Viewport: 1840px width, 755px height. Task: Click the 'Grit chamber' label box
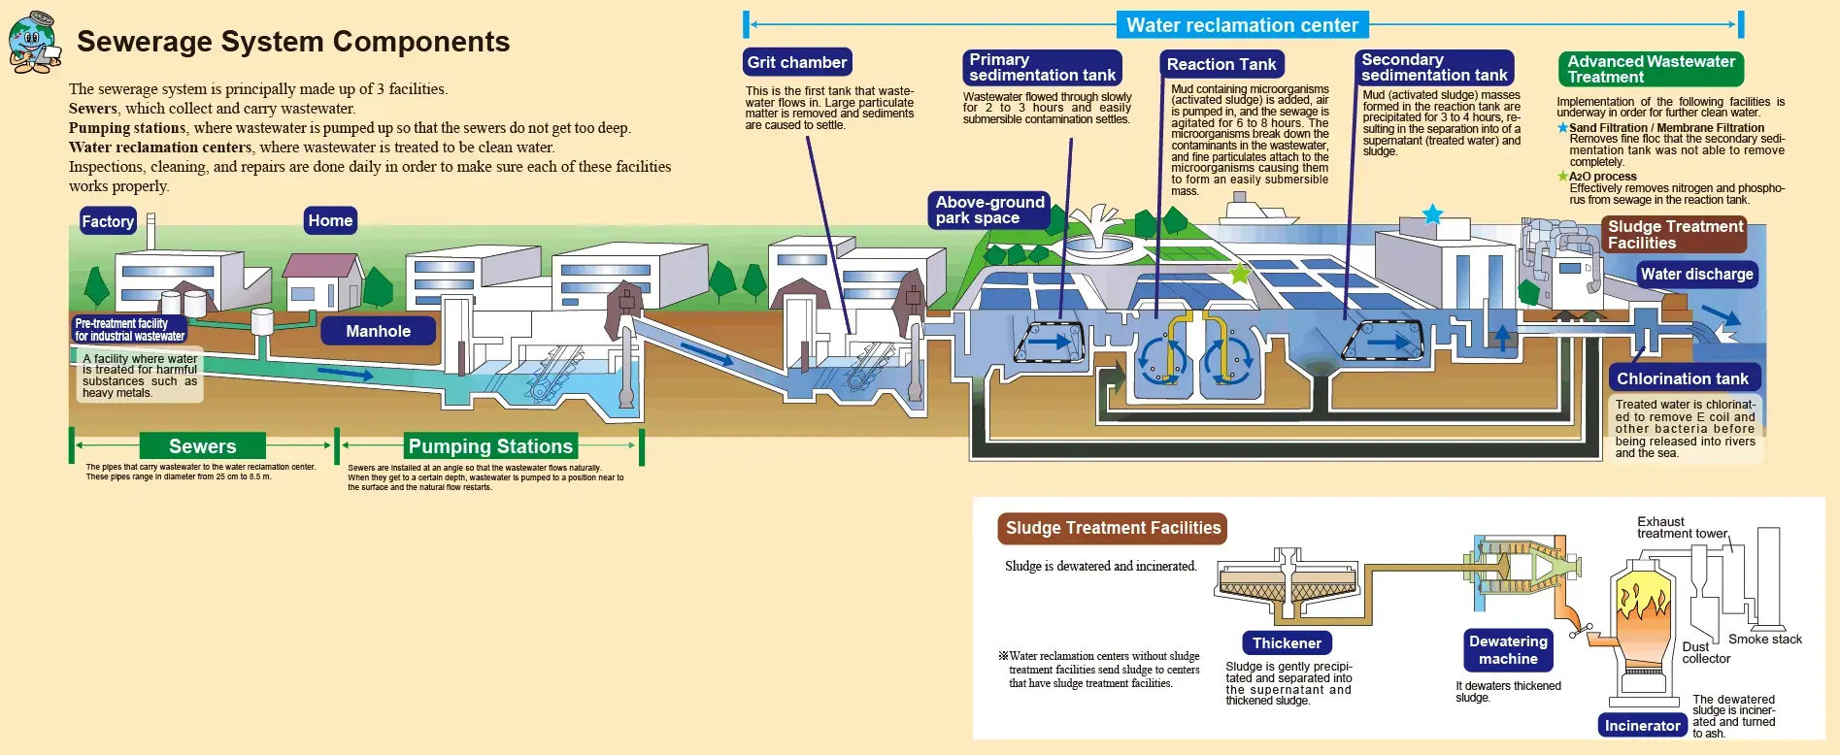coord(797,62)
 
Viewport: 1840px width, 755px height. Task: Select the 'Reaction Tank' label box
coord(1221,64)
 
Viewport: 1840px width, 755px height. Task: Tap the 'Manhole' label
coord(378,331)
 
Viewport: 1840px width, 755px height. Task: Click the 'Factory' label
coord(108,221)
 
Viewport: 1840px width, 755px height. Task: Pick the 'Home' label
coord(330,220)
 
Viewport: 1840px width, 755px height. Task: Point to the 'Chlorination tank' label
coord(1682,378)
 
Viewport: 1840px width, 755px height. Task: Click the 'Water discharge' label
coord(1696,274)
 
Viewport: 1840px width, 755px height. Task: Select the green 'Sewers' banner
coord(202,446)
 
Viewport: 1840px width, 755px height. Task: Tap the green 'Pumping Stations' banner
coord(490,446)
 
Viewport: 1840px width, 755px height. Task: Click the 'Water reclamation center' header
coord(1242,25)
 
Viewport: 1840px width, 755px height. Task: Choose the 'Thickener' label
coord(1287,642)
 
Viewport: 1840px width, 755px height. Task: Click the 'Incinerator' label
coord(1642,725)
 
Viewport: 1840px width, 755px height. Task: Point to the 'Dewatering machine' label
coord(1508,650)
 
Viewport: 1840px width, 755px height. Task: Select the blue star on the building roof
coord(1432,214)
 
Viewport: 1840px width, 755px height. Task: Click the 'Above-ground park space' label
coord(988,210)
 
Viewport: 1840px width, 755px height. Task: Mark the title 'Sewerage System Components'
coord(293,42)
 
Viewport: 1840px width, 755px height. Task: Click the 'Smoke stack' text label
coord(1764,640)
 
